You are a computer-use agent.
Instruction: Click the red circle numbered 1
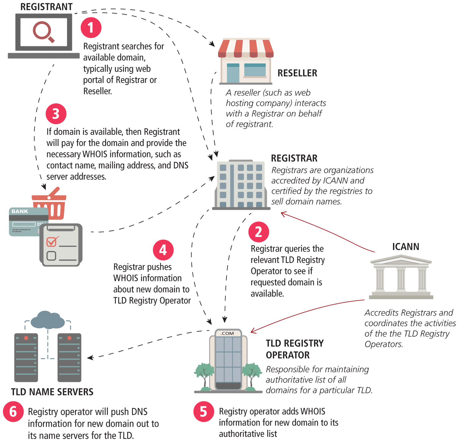pos(91,28)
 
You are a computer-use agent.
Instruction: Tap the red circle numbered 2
pos(259,232)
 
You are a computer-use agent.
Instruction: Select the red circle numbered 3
pos(56,114)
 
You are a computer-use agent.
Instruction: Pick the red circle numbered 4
pos(163,250)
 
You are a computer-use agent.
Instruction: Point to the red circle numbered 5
pos(203,412)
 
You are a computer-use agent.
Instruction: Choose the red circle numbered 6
pos(13,412)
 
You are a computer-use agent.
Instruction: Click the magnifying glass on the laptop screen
pos(43,32)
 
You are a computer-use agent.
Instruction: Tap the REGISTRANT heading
pos(46,7)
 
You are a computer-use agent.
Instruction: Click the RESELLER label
pos(297,73)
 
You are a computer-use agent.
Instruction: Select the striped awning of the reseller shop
pos(246,48)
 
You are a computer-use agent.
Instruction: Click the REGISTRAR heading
pos(294,158)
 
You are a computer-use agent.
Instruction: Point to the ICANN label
pos(405,247)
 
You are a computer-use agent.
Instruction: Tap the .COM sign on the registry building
pos(228,333)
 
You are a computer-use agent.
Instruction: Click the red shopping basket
pos(50,205)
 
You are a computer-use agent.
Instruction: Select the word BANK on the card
pos(20,211)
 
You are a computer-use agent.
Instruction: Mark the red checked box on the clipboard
pos(52,241)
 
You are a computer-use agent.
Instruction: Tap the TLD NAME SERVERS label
pos(52,392)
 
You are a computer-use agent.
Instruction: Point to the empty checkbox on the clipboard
pos(51,256)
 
